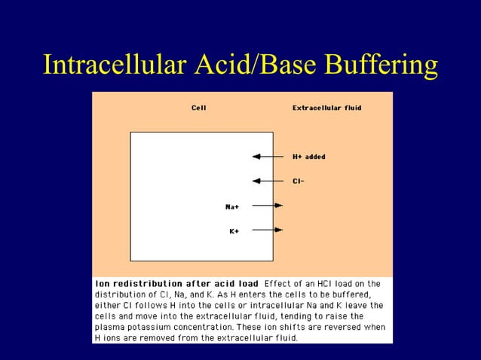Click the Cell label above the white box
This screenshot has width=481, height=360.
[198, 108]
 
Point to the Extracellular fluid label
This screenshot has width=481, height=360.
[326, 108]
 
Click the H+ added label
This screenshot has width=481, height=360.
[309, 157]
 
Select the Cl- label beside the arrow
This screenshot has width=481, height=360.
[299, 181]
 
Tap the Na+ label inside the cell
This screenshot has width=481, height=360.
[232, 206]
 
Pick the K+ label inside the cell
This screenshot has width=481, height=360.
[234, 230]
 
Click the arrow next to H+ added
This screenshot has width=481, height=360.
[266, 157]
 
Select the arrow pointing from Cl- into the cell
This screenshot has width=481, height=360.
[266, 181]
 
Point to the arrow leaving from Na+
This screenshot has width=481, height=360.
[267, 205]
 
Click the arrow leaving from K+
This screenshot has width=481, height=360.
[267, 230]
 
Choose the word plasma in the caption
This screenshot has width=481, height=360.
[109, 327]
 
